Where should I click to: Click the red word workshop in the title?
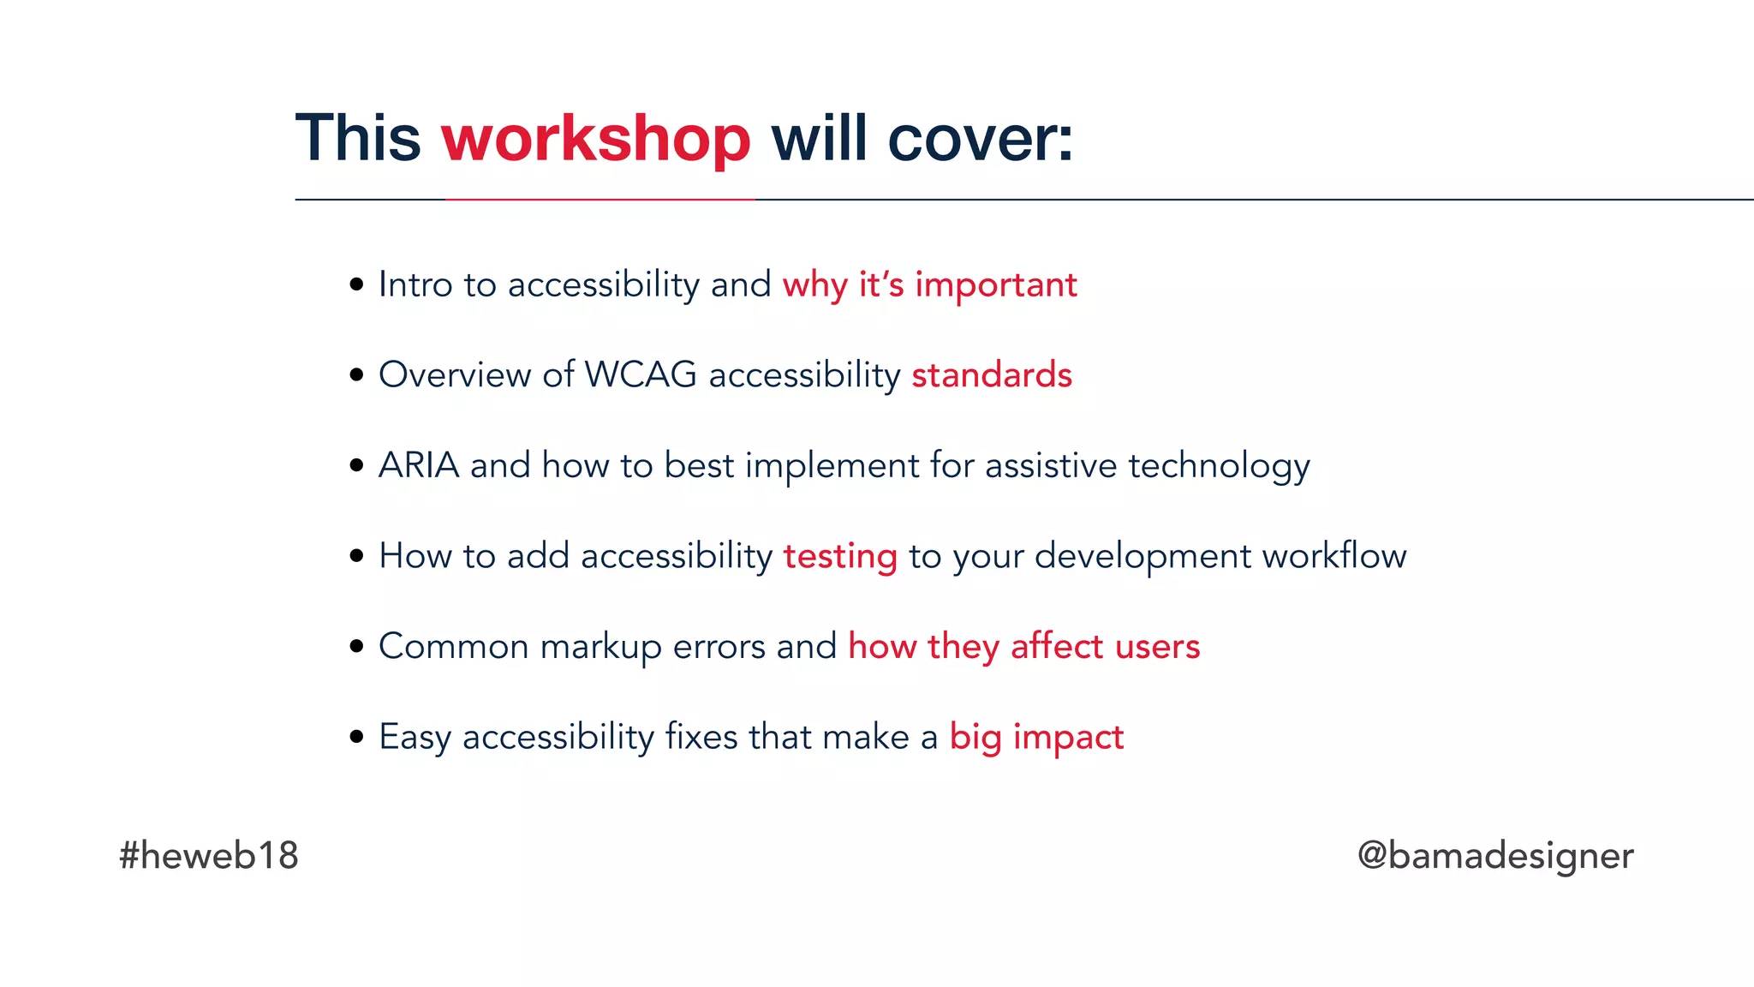[596, 139]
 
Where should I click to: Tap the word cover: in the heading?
[980, 139]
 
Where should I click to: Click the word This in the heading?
[358, 139]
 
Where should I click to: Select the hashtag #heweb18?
[209, 855]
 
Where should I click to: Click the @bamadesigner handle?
[1495, 855]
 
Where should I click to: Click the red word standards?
[992, 375]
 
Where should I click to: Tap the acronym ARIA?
[419, 465]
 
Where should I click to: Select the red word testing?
[840, 556]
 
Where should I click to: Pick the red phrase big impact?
[1036, 737]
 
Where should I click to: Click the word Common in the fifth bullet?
[454, 646]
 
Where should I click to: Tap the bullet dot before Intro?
[357, 284]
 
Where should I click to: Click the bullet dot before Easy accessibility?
[357, 737]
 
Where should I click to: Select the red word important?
[995, 285]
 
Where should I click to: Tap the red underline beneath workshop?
[600, 199]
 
